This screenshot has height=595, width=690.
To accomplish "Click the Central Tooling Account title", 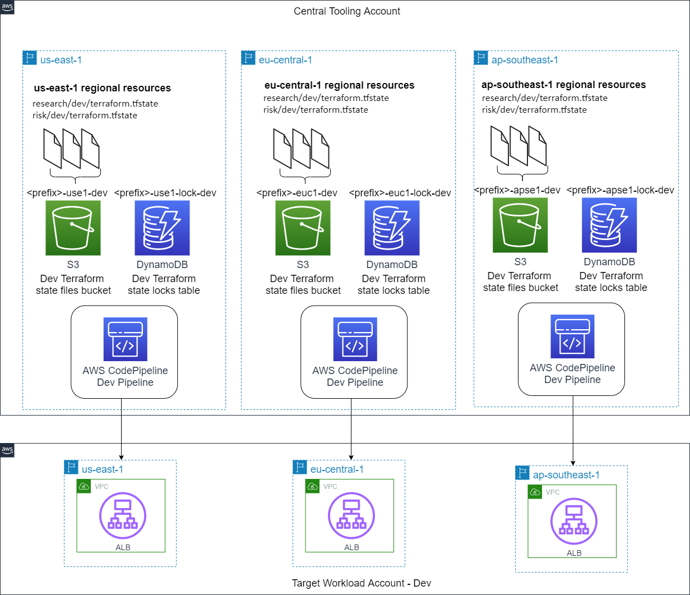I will [x=347, y=11].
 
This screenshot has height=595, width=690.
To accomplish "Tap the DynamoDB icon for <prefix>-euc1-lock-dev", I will [x=392, y=228].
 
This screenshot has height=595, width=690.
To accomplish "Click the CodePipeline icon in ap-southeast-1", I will [x=572, y=336].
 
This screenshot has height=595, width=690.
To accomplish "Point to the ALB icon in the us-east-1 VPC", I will [x=122, y=515].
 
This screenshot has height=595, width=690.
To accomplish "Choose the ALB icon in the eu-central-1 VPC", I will [x=351, y=515].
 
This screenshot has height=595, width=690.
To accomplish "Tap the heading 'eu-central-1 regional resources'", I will [x=339, y=85].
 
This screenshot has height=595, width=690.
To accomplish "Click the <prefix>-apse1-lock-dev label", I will [x=620, y=190].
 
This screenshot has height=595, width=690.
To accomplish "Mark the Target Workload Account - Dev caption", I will [x=362, y=583].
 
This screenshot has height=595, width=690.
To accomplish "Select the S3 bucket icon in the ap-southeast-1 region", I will [x=520, y=225].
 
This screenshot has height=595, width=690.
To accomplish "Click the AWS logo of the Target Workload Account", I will [x=7, y=450].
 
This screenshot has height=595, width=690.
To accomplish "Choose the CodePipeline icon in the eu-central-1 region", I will [x=354, y=339].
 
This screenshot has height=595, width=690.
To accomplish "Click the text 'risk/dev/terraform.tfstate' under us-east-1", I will [x=85, y=116].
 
